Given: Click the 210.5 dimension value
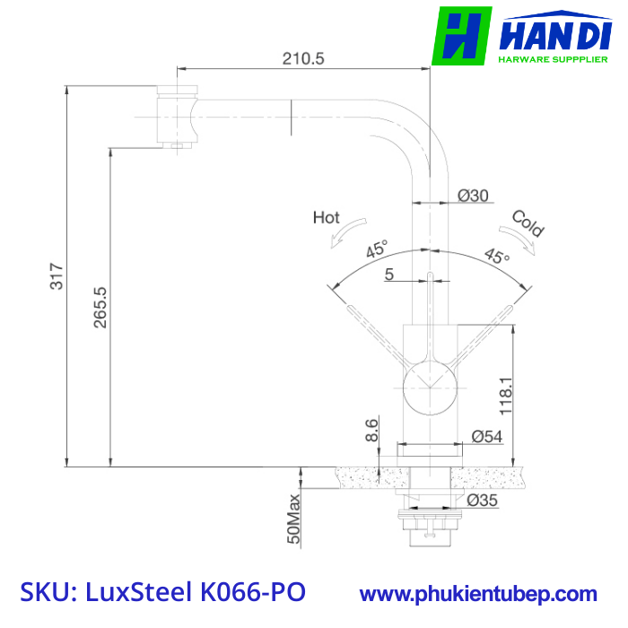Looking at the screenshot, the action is (303, 59).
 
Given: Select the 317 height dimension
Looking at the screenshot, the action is (57, 276).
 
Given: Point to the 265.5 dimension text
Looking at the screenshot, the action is (100, 308).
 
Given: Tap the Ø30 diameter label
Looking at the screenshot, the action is (473, 196).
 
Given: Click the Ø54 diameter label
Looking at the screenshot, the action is (486, 437).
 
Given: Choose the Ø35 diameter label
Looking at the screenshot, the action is (483, 501).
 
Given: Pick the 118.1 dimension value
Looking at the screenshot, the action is (506, 396).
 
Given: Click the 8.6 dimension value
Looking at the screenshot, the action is (371, 430).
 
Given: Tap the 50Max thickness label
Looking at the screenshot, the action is (293, 519).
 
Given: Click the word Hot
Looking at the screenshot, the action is (326, 217).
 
